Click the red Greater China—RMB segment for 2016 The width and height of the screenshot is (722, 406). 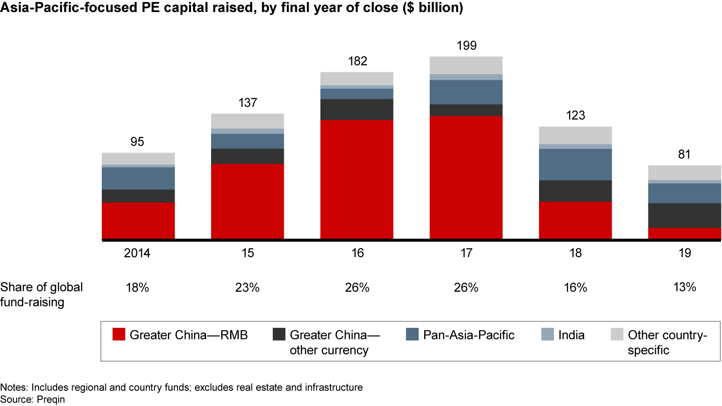coord(356,179)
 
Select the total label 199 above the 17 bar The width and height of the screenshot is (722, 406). coord(466,46)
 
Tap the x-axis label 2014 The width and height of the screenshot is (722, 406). coord(137,253)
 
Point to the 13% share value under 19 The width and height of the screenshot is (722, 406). coord(684,287)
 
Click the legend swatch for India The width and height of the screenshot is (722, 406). coord(549,335)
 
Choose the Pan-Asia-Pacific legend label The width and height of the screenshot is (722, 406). coord(469,335)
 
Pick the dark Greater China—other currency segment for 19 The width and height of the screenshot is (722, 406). coord(684,216)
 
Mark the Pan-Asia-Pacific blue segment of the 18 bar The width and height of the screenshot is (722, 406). coord(575,164)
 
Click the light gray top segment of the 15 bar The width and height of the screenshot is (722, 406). coord(247,121)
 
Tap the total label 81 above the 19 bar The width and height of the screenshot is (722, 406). coord(684,155)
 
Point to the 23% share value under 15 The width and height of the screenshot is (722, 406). coord(247,287)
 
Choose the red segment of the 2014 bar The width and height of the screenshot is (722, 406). coord(138,221)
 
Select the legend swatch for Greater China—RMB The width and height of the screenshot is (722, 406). coord(119,335)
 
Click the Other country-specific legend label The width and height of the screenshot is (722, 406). coord(667,342)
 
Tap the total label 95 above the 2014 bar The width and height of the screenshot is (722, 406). coord(137,142)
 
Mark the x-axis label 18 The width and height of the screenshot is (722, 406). coord(575,253)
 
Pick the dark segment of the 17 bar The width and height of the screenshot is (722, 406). coord(466,110)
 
